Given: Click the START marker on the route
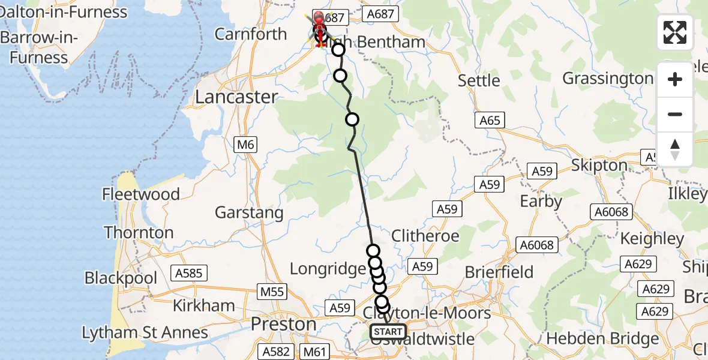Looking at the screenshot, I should click(388, 331).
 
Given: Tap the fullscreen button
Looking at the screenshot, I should click(675, 32).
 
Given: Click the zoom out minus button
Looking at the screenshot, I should click(675, 114).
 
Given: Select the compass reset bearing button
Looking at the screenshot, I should click(675, 149).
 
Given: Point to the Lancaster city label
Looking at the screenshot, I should click(237, 97).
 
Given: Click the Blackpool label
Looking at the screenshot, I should click(121, 278).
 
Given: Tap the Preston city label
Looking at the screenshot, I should click(283, 324).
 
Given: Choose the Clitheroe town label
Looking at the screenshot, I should click(425, 236).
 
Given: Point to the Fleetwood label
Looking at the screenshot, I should click(141, 194).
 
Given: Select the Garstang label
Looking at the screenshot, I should click(248, 213).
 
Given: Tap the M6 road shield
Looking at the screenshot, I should click(245, 144).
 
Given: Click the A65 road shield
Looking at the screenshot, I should click(490, 121).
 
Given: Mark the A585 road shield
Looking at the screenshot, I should click(188, 274).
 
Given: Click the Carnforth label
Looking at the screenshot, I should click(251, 34).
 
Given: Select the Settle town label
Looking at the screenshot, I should click(478, 80).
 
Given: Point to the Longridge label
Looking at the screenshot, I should click(328, 269).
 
